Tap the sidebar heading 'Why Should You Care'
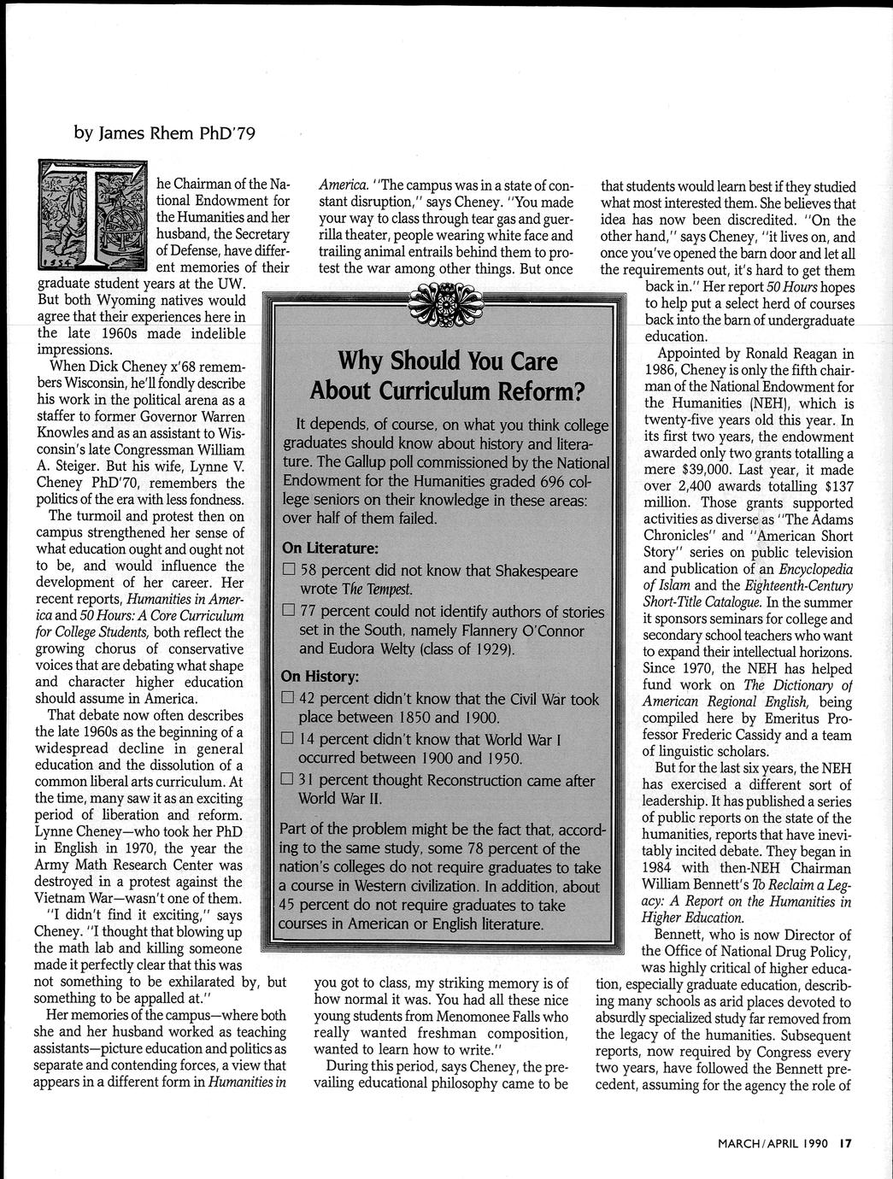(x=447, y=361)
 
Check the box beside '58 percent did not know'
(x=289, y=571)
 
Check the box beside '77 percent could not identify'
(x=289, y=612)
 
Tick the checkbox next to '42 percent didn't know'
(x=289, y=700)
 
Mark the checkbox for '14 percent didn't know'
(x=289, y=740)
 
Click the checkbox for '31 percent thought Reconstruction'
(x=289, y=780)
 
